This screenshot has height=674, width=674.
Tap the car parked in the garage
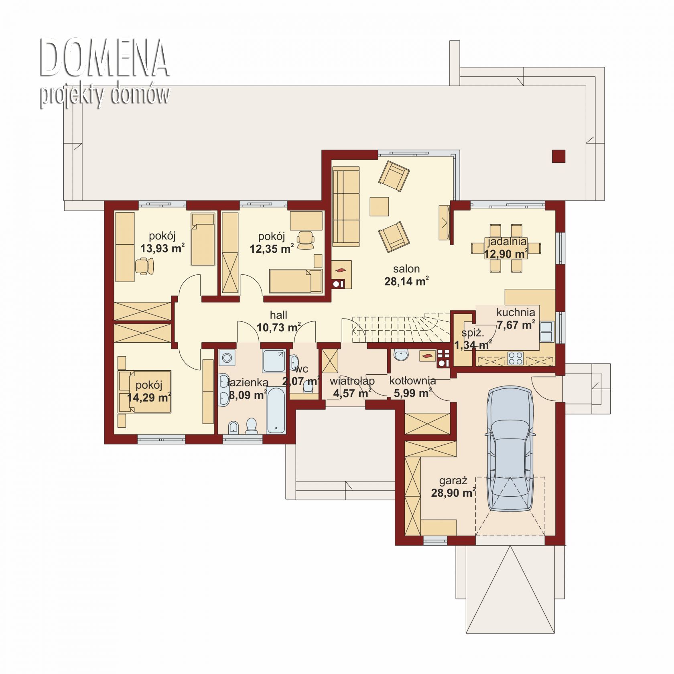pyautogui.click(x=510, y=449)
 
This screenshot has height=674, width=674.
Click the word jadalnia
pyautogui.click(x=507, y=242)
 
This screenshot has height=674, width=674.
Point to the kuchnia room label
pyautogui.click(x=516, y=312)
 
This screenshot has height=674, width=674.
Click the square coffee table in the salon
pyautogui.click(x=379, y=207)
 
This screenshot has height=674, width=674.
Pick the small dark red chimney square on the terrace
pyautogui.click(x=558, y=156)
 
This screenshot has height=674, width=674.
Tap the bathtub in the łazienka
pyautogui.click(x=276, y=410)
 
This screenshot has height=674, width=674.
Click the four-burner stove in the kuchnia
pyautogui.click(x=516, y=358)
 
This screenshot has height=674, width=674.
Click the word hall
pyautogui.click(x=278, y=315)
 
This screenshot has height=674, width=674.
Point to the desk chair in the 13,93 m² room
pyautogui.click(x=144, y=266)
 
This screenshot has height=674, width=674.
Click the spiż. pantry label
pyautogui.click(x=473, y=333)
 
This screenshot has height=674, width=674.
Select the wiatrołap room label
pyautogui.click(x=352, y=381)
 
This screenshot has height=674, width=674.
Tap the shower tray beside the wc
pyautogui.click(x=274, y=361)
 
